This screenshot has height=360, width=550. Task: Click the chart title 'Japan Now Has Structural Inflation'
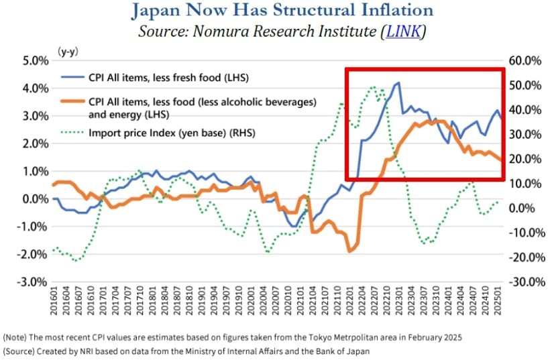pyautogui.click(x=274, y=11)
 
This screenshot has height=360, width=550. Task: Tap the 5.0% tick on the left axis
pyautogui.click(x=25, y=60)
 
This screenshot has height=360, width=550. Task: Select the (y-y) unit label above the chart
pyautogui.click(x=66, y=50)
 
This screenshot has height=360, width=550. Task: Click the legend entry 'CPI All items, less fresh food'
pyautogui.click(x=168, y=78)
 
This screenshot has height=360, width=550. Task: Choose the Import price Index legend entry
pyautogui.click(x=172, y=133)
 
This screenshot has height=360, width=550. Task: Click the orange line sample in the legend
pyautogui.click(x=71, y=103)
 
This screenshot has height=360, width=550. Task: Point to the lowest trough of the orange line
pyautogui.click(x=349, y=251)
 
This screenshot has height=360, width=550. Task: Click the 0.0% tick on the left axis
pyautogui.click(x=25, y=198)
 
